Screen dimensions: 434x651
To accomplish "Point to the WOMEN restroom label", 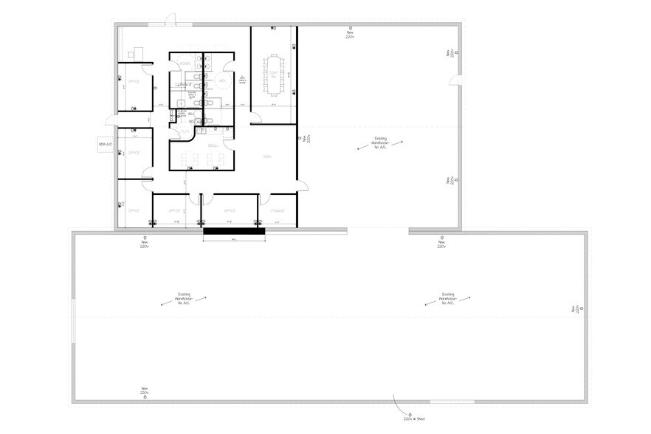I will (185, 64).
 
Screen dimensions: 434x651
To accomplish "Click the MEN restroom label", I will (222, 80).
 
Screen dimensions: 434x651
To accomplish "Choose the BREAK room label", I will (211, 146).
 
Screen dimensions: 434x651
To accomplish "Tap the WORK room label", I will (268, 156).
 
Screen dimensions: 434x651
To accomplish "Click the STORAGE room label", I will (277, 210).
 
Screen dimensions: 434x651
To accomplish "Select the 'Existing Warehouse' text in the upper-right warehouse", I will (380, 142).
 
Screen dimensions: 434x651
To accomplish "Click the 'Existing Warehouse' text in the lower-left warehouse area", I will (184, 297).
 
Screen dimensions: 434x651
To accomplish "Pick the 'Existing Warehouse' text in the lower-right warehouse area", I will (447, 297).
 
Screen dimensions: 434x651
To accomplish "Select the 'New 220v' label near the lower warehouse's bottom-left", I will (145, 392).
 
